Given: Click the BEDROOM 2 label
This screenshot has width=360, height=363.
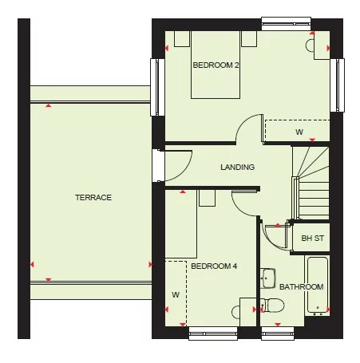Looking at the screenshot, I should coord(216,65).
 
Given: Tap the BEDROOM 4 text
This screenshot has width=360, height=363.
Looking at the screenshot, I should coord(213,266).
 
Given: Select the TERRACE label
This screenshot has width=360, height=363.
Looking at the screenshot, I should coord(93,197).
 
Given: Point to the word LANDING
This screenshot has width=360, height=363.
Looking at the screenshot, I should coord(238,168).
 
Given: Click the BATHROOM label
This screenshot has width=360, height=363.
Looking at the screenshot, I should coord(301,286).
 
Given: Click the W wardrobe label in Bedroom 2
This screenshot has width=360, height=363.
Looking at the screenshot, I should coord(299,132).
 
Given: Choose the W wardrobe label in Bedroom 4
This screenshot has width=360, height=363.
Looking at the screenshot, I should coord(175,294).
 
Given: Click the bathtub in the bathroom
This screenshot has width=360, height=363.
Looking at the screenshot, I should coord(317,284).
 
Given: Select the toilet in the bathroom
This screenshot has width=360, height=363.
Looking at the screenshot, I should coord(271,306).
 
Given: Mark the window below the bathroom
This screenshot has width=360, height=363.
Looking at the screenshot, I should coord(278,333).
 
